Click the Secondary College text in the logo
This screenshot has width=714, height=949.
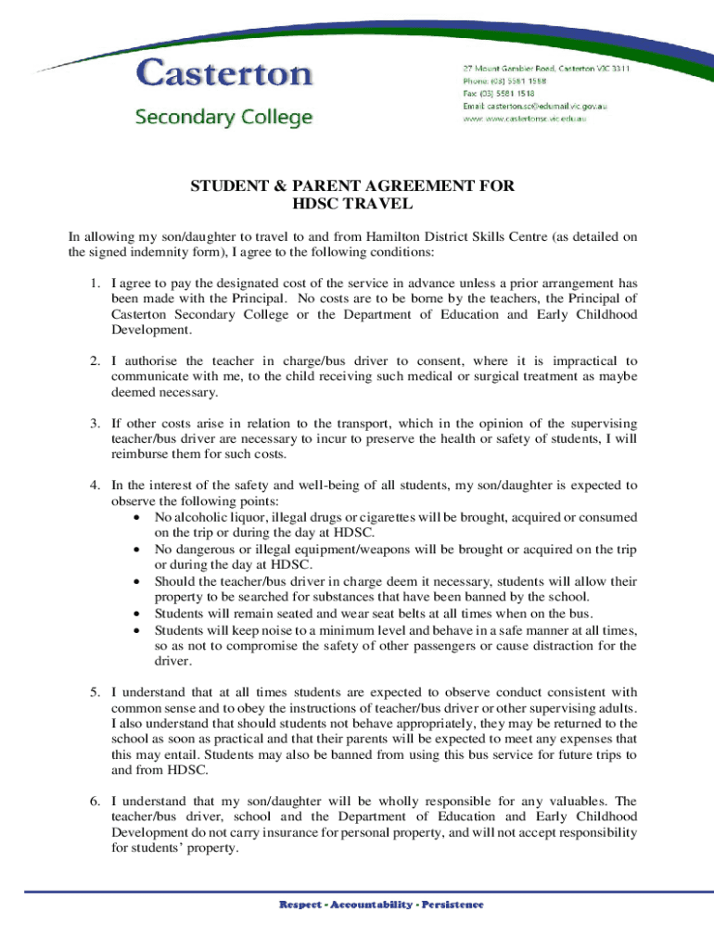point(223,118)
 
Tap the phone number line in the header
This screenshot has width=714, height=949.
point(505,81)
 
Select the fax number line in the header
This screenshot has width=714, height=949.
point(500,94)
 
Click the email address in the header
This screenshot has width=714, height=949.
point(535,107)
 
